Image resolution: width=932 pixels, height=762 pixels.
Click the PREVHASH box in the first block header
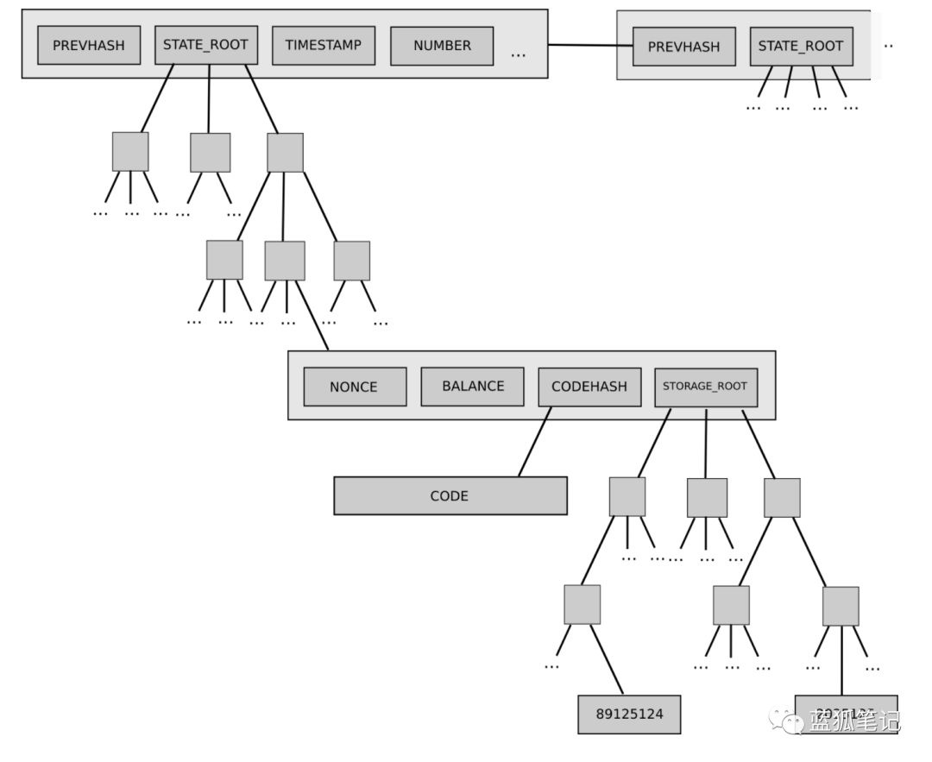(89, 46)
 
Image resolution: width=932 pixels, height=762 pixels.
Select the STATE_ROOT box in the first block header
(206, 45)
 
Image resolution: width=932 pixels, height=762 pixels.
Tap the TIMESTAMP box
(324, 46)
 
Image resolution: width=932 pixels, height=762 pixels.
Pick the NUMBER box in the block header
(442, 46)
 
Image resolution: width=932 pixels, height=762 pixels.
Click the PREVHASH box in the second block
(683, 47)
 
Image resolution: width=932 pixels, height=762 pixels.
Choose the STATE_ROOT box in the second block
(801, 47)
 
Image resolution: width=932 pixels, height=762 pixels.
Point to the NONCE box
(354, 387)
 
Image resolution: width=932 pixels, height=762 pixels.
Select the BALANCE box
(472, 386)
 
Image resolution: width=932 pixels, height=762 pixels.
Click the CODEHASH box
(589, 387)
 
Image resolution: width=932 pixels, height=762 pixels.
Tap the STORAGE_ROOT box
(705, 387)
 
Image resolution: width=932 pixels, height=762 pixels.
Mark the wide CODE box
(450, 496)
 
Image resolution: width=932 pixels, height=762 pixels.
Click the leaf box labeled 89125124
(629, 715)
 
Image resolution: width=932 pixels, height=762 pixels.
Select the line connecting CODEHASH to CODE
(535, 441)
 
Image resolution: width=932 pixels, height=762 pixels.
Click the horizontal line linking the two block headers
(582, 45)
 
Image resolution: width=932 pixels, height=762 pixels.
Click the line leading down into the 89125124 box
(608, 660)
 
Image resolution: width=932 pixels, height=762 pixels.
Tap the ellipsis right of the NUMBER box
(518, 54)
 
